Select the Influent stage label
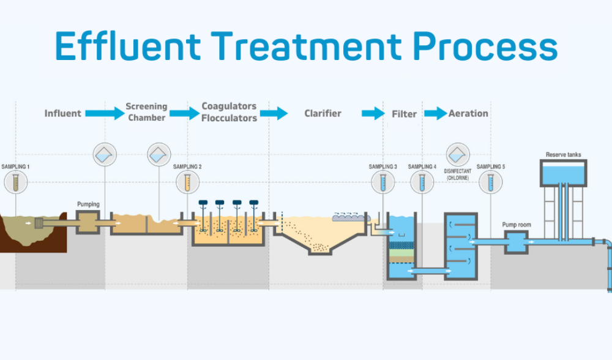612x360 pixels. coord(62,113)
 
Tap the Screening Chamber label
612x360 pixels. coord(146,112)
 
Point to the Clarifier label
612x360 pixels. coord(323,113)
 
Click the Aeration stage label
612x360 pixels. coord(468,113)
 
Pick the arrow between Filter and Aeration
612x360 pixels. coord(436,113)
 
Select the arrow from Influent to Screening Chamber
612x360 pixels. coord(104,113)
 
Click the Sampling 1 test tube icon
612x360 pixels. coord(15,182)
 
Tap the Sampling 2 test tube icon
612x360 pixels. coord(187,182)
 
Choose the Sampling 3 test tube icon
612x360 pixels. coord(383,182)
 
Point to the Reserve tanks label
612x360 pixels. coord(564,154)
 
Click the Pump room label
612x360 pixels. coord(517,225)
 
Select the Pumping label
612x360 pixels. coord(88,204)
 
